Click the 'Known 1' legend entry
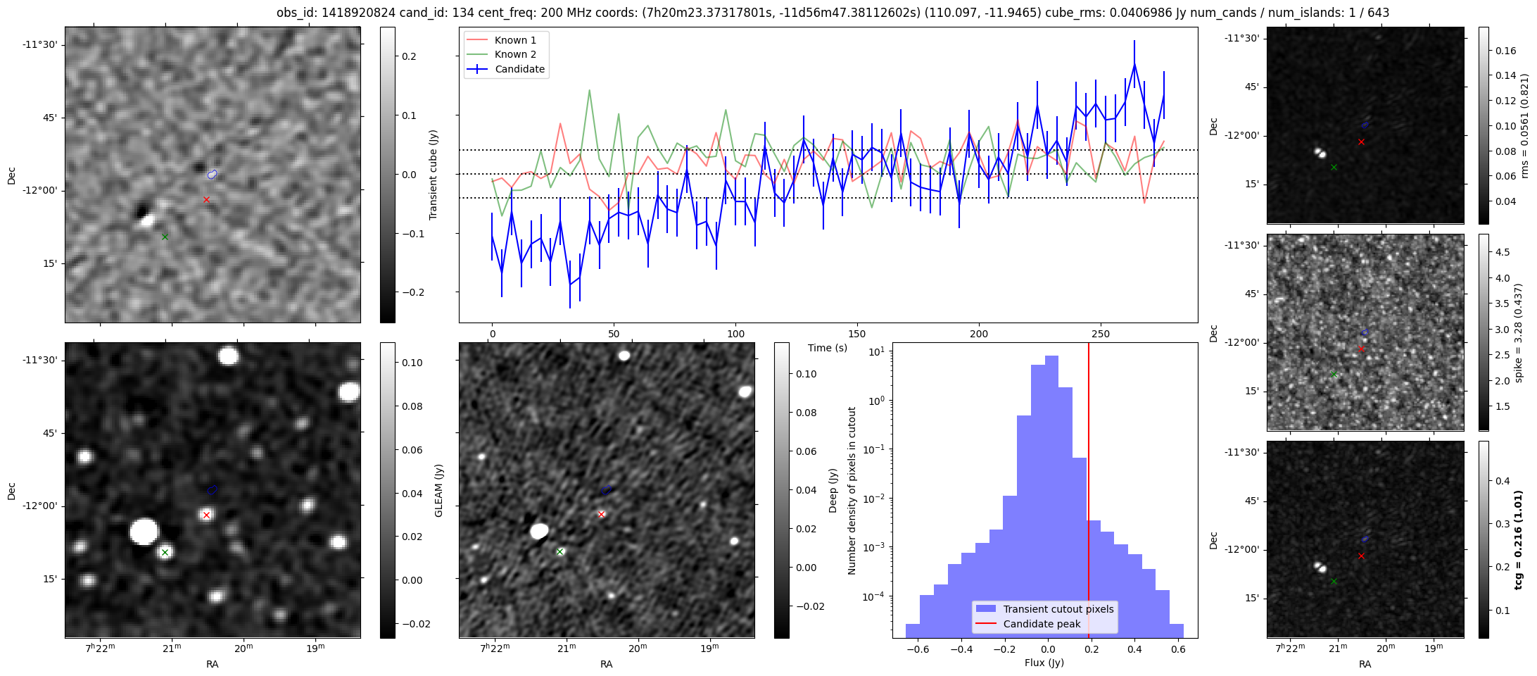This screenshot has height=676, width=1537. click(515, 40)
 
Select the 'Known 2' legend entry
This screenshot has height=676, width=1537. click(515, 54)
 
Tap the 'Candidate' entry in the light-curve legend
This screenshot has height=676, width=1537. click(519, 69)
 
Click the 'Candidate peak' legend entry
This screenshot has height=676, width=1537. click(1042, 624)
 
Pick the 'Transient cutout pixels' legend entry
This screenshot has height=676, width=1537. click(1058, 609)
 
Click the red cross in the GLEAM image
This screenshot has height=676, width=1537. click(206, 515)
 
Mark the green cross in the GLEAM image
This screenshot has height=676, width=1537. click(165, 552)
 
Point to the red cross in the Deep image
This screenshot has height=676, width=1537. click(601, 514)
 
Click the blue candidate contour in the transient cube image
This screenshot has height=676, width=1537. click(213, 174)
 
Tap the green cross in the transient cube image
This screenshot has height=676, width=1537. click(165, 237)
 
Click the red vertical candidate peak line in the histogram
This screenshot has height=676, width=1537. click(1089, 493)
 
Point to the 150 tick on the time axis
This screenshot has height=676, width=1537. click(857, 334)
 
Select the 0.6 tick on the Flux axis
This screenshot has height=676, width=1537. click(1178, 649)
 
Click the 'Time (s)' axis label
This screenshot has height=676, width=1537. click(828, 348)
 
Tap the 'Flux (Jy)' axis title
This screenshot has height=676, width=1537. click(1044, 663)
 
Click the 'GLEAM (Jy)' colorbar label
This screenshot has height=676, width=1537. click(439, 491)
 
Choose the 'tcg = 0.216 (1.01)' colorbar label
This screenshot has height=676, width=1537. click(1519, 539)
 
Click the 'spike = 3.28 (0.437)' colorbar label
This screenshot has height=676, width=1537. click(1519, 332)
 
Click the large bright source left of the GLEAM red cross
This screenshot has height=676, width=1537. click(144, 531)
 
